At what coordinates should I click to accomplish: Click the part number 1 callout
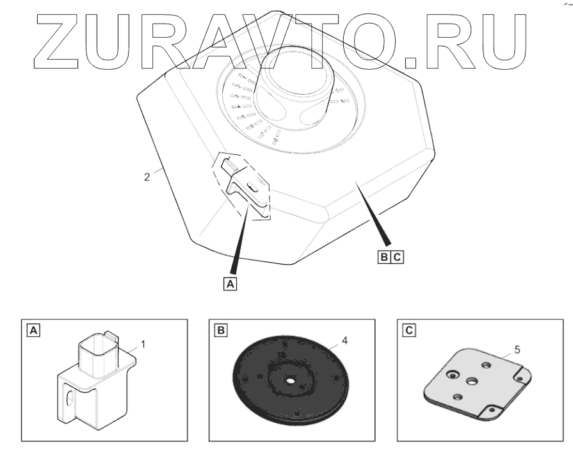(x=143, y=344)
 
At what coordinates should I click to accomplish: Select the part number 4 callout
(x=345, y=341)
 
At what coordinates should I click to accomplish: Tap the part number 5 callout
(x=515, y=351)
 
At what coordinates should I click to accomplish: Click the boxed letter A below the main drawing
(x=230, y=282)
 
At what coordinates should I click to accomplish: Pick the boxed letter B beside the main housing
(x=383, y=257)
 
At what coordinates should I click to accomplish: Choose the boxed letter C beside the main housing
(x=397, y=257)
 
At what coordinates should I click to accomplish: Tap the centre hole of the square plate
(x=472, y=381)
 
